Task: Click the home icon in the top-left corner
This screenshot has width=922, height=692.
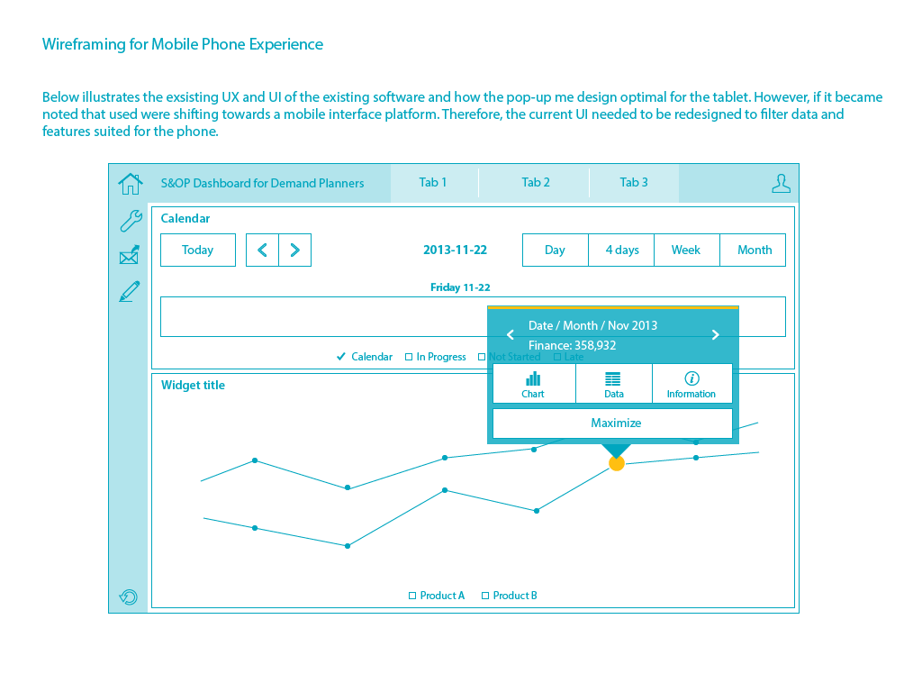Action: click(131, 184)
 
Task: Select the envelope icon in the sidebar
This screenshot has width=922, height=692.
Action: click(130, 256)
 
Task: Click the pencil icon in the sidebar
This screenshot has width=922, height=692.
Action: click(130, 291)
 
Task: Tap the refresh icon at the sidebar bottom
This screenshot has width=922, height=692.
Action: click(129, 596)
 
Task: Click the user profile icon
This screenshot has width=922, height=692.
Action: click(781, 184)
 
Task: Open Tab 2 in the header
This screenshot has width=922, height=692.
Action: click(535, 183)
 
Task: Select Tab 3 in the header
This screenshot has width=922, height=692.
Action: click(634, 183)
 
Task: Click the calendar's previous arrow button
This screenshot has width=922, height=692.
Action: click(262, 250)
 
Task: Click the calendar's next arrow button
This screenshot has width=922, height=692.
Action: click(294, 250)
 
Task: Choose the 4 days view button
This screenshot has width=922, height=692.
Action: click(621, 250)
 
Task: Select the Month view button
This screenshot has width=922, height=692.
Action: click(754, 250)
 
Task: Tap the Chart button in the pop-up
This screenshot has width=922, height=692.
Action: click(533, 384)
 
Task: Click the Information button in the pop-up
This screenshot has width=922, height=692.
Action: click(691, 384)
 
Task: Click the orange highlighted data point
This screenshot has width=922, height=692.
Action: click(617, 463)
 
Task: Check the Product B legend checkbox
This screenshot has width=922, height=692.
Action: click(485, 596)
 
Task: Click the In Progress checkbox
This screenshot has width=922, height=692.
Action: click(409, 358)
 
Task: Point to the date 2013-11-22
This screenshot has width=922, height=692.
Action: click(455, 250)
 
